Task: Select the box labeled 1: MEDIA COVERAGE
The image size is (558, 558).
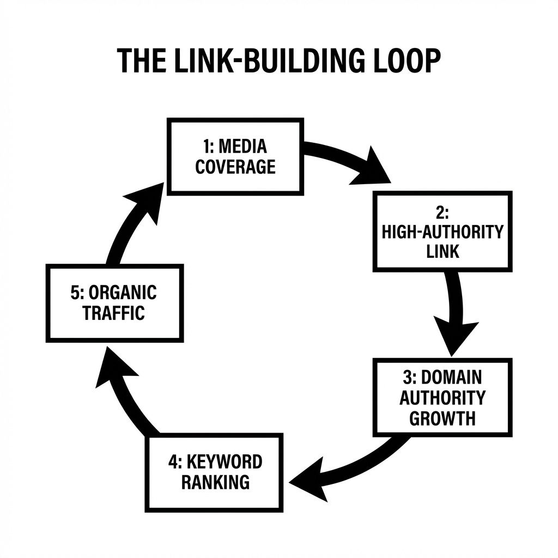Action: (x=235, y=156)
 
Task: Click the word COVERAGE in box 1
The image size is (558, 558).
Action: (x=235, y=167)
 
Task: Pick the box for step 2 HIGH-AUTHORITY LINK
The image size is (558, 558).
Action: (x=442, y=231)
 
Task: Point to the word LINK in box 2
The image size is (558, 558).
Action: (x=443, y=251)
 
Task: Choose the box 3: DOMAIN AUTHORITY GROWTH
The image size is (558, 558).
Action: (x=442, y=397)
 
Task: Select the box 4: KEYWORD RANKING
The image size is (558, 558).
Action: (x=214, y=472)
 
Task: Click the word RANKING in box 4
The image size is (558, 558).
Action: (x=215, y=482)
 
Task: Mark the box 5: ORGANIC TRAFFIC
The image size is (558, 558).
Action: (x=114, y=302)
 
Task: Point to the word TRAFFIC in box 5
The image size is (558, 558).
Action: (x=114, y=313)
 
